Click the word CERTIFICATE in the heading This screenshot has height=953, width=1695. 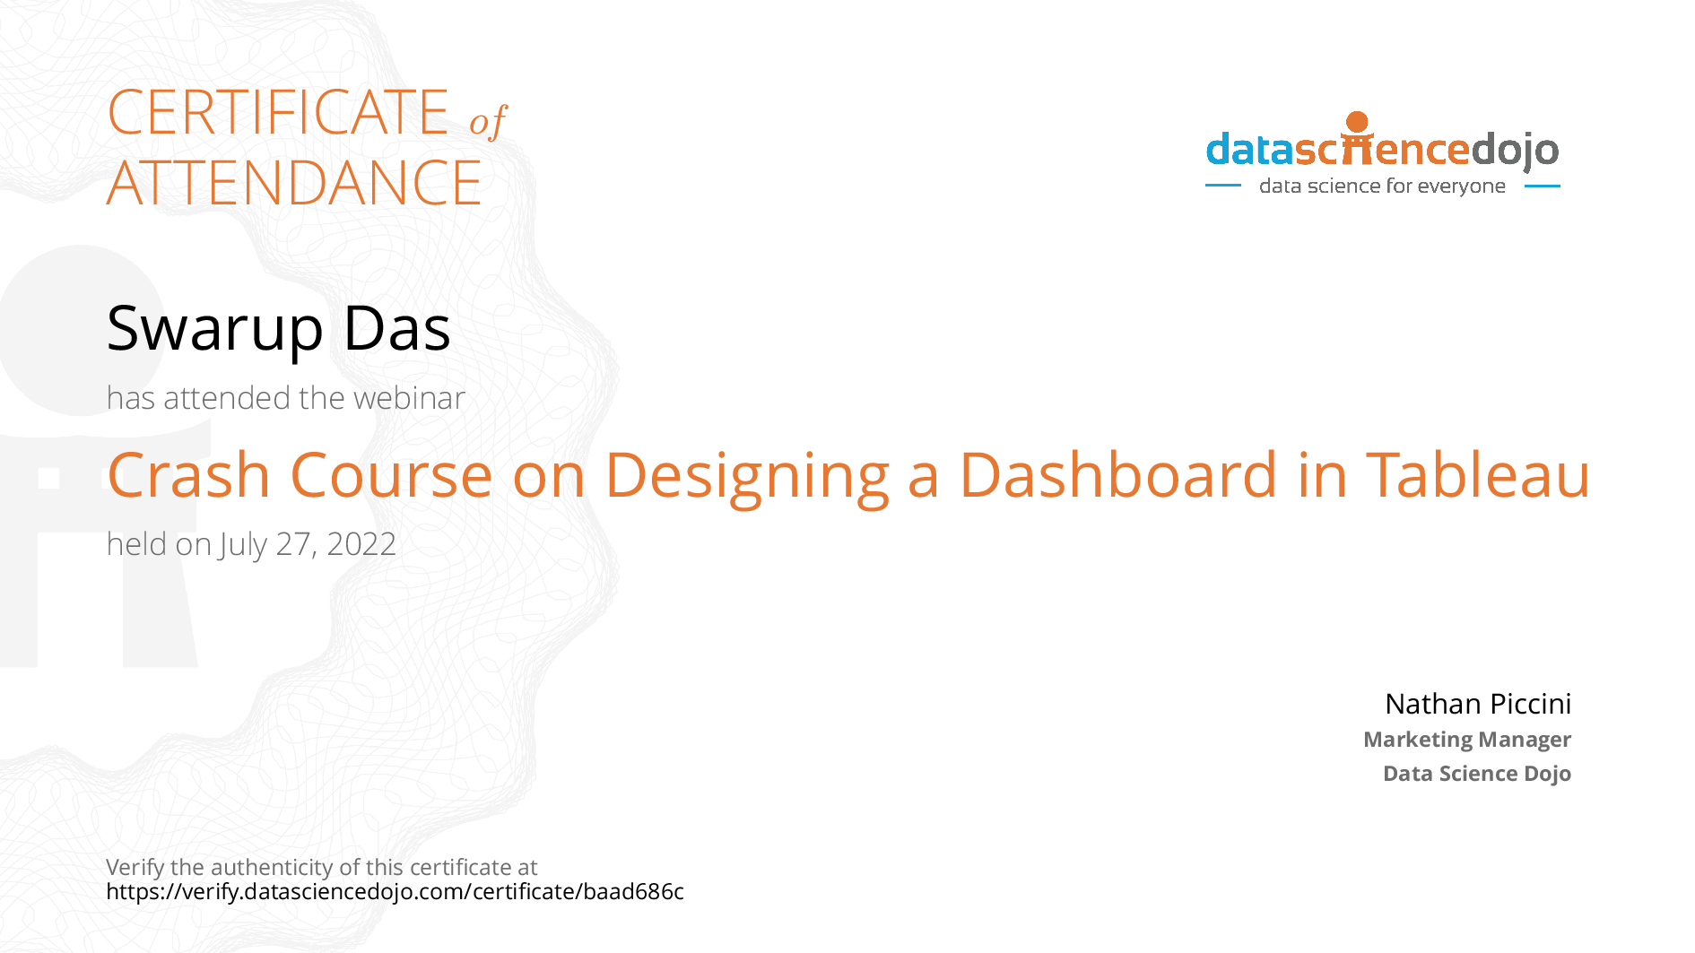pyautogui.click(x=277, y=113)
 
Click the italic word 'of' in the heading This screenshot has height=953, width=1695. pyautogui.click(x=488, y=121)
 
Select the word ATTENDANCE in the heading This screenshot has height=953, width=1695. pyautogui.click(x=294, y=184)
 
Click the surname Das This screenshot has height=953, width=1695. pyautogui.click(x=396, y=329)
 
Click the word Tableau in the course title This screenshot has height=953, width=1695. pyautogui.click(x=1477, y=474)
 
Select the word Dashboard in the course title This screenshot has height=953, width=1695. pyautogui.click(x=1117, y=474)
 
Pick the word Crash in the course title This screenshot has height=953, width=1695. pyautogui.click(x=188, y=474)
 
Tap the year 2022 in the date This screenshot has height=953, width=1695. pyautogui.click(x=361, y=544)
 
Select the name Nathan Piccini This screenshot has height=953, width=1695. pyautogui.click(x=1477, y=704)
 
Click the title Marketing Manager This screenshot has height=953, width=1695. pyautogui.click(x=1466, y=740)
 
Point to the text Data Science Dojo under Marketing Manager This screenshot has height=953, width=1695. pyautogui.click(x=1476, y=774)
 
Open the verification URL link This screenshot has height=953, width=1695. pyautogui.click(x=395, y=892)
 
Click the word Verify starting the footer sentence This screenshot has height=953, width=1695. pyautogui.click(x=135, y=868)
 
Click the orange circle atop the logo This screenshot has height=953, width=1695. pyautogui.click(x=1357, y=121)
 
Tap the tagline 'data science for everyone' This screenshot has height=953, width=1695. pyautogui.click(x=1382, y=186)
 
